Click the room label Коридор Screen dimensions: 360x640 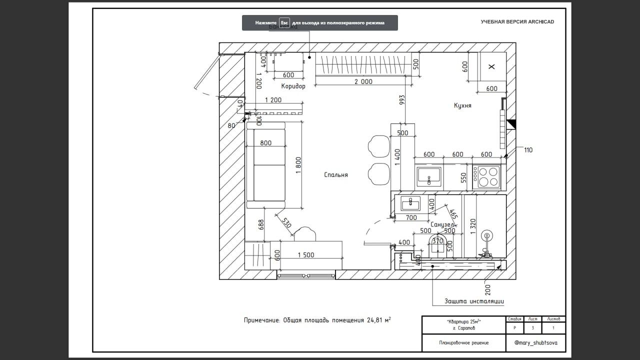[293, 86]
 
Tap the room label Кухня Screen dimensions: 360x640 [462, 105]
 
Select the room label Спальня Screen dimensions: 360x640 [335, 175]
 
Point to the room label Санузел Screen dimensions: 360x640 [442, 225]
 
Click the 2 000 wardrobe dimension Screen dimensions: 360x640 [363, 81]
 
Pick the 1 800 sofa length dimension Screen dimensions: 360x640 [298, 165]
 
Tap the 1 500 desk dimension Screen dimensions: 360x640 [306, 255]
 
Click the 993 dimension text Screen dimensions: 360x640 [402, 100]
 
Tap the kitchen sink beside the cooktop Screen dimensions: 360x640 [429, 176]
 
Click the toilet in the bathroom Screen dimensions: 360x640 [438, 246]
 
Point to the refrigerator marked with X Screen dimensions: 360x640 [491, 66]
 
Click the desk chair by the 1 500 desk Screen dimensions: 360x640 [305, 233]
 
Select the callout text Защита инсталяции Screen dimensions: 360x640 [474, 301]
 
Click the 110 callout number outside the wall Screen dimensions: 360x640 [528, 149]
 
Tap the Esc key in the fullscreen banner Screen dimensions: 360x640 [284, 23]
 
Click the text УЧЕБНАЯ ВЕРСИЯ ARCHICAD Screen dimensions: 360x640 [517, 22]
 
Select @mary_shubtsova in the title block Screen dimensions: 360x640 [535, 343]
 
